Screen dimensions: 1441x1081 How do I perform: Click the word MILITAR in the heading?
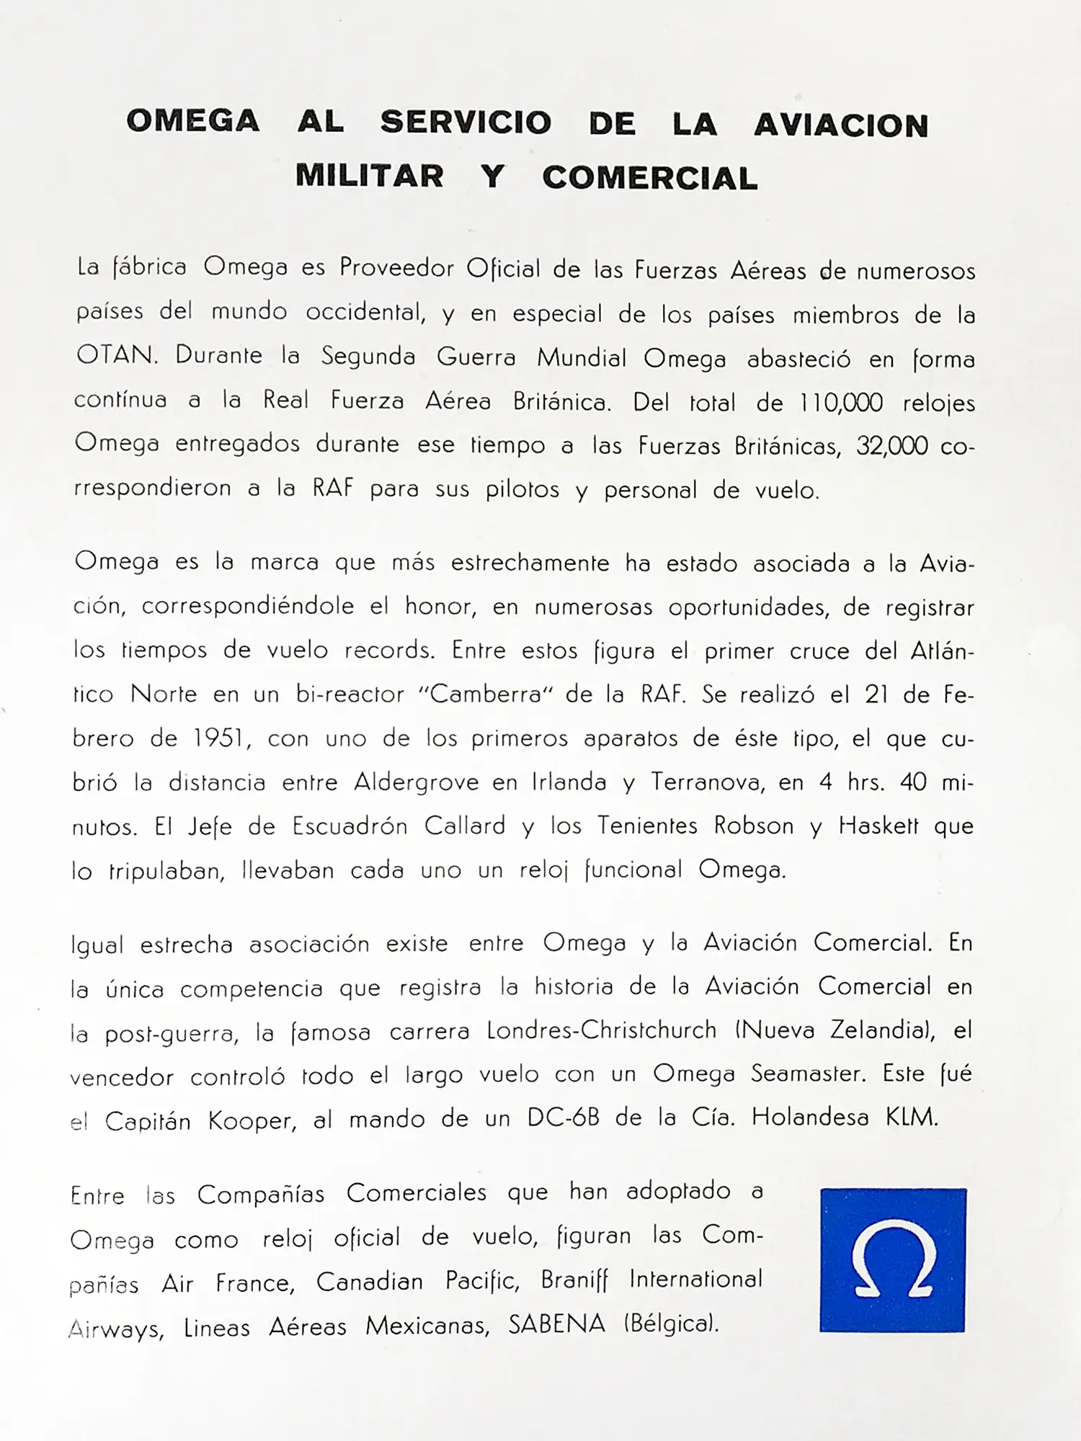[x=369, y=176]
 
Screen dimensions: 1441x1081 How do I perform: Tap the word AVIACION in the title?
[x=841, y=125]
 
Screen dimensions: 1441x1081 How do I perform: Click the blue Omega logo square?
[x=893, y=1260]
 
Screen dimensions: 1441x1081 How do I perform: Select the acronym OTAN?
[x=115, y=355]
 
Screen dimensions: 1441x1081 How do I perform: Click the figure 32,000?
[x=891, y=446]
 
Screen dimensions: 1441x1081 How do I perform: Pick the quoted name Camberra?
[x=486, y=694]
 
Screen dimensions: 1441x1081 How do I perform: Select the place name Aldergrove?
[x=416, y=782]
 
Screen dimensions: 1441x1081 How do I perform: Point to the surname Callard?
[x=464, y=826]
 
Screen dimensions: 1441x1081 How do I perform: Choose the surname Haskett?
[x=878, y=826]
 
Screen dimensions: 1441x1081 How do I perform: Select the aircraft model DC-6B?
[x=563, y=1117]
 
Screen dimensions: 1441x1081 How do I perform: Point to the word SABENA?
[x=556, y=1324]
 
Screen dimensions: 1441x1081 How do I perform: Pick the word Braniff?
[x=574, y=1280]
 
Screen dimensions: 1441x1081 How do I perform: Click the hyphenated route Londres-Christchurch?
[x=602, y=1030]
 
